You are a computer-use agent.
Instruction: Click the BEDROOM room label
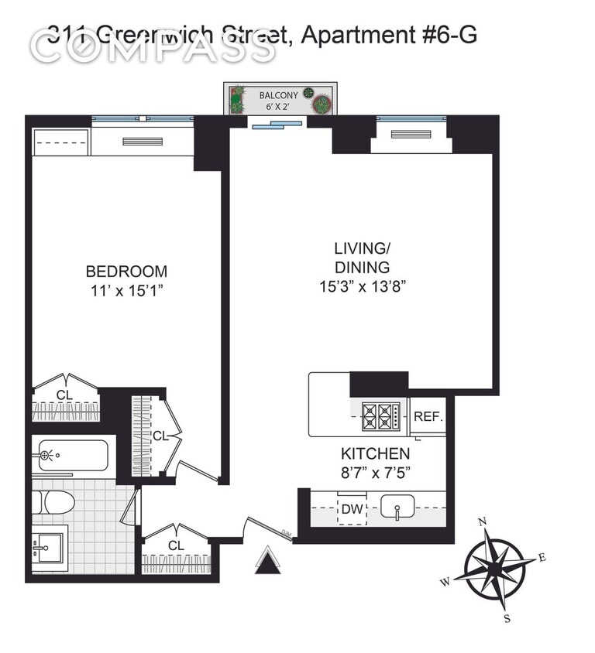tap(126, 272)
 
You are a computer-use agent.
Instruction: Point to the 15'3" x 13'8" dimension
tap(362, 286)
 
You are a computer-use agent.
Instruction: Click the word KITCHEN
tap(376, 453)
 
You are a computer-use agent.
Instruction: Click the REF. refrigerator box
tap(427, 416)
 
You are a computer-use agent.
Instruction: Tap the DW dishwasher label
tap(352, 509)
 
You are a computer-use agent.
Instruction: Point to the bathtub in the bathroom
tap(71, 455)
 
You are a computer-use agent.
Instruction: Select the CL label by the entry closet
tap(176, 545)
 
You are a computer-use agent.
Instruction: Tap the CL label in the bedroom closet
tap(64, 395)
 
